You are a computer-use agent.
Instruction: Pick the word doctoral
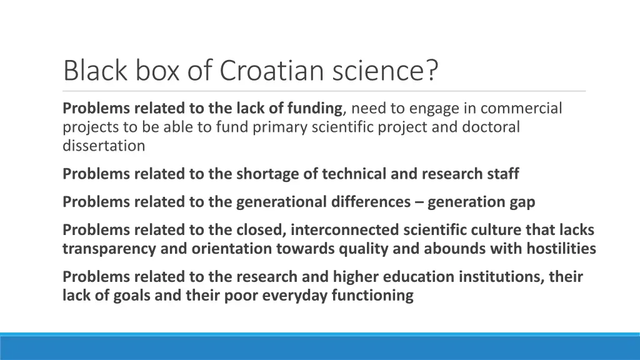point(491,127)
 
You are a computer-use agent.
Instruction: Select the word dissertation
point(104,146)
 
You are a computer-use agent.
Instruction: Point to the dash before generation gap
point(421,202)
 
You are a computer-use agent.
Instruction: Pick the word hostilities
point(561,248)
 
